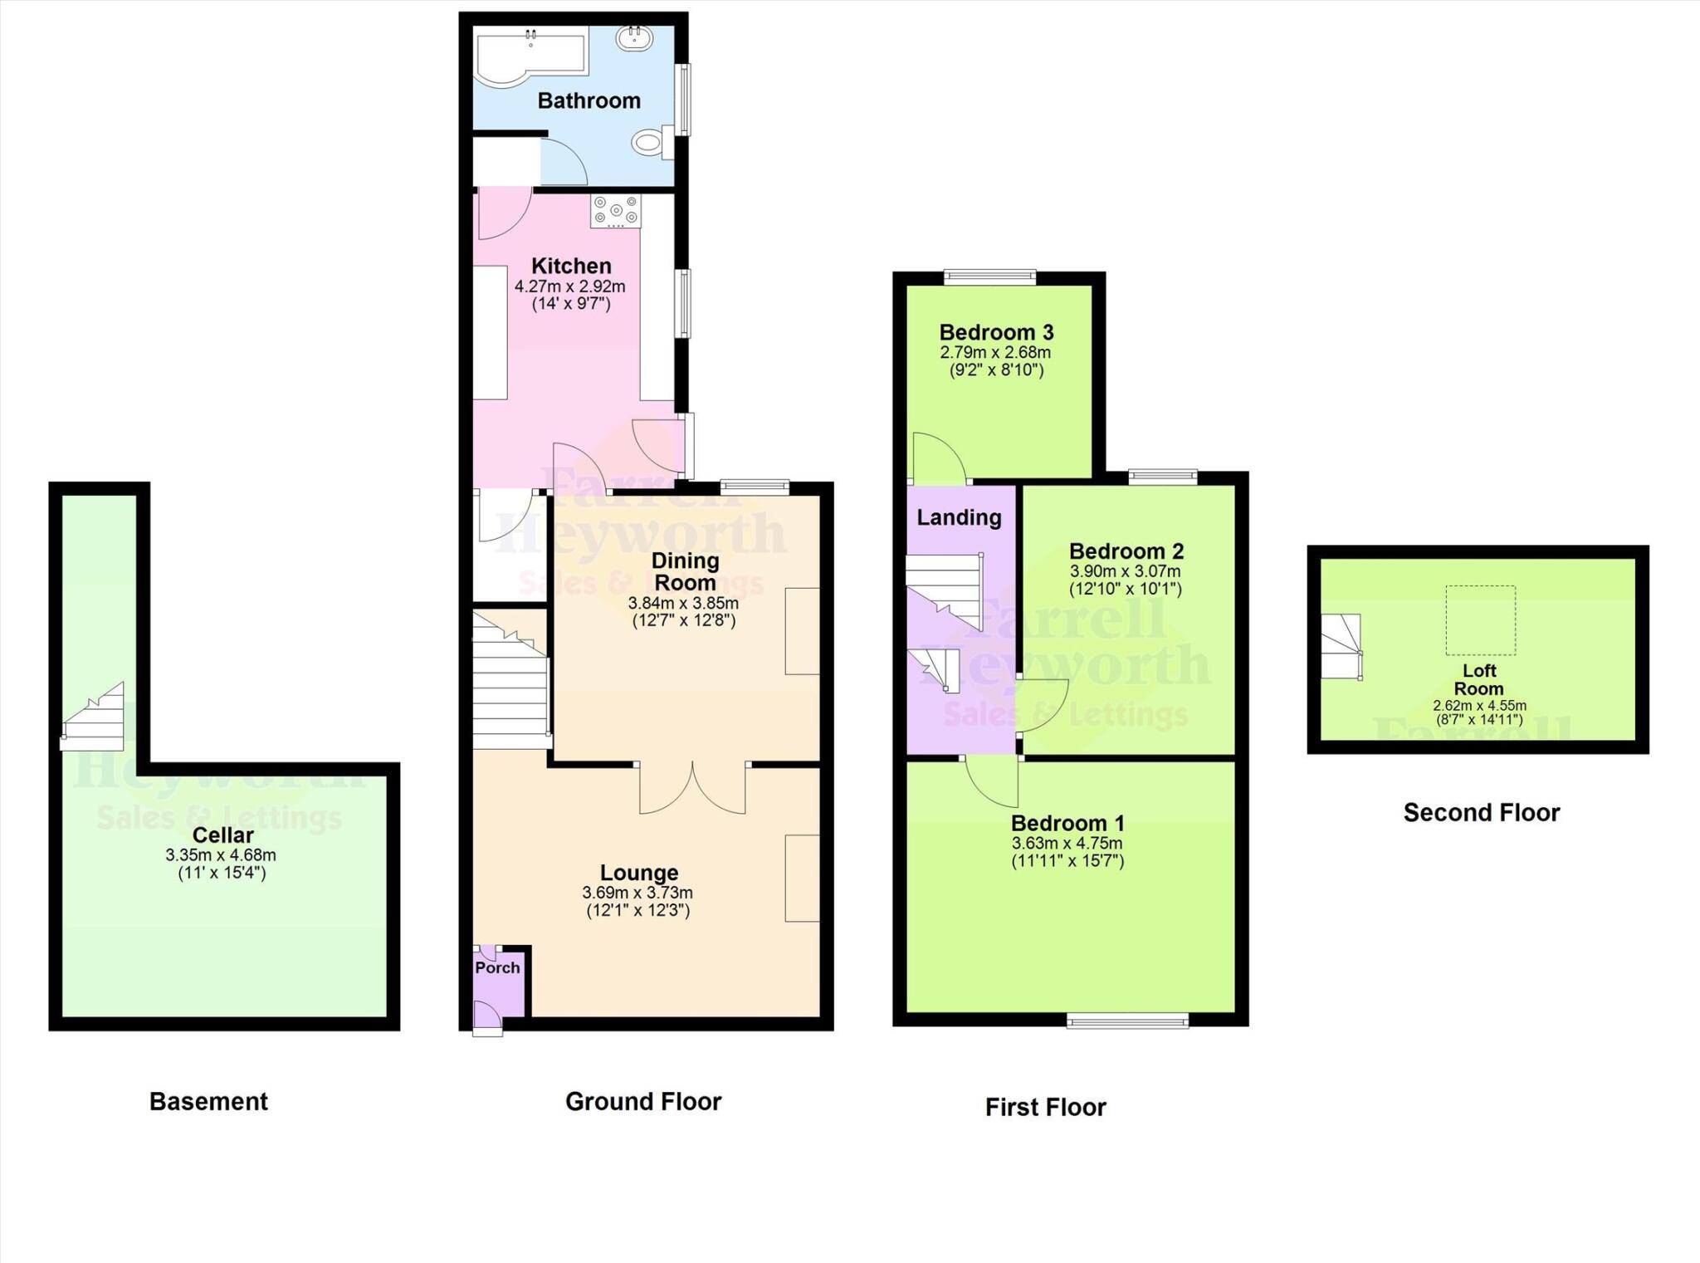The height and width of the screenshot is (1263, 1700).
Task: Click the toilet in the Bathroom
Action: click(x=650, y=142)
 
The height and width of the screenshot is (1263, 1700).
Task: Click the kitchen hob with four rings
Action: click(x=615, y=211)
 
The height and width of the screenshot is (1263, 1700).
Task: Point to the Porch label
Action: click(x=497, y=967)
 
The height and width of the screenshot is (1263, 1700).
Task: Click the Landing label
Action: click(x=959, y=518)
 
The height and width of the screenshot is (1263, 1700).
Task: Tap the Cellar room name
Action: click(x=222, y=835)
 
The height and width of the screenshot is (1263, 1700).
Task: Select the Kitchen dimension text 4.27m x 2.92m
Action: click(x=569, y=286)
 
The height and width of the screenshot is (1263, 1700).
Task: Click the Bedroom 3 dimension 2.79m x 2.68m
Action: click(x=995, y=352)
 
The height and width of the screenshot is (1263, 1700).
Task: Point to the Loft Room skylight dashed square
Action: click(x=1480, y=620)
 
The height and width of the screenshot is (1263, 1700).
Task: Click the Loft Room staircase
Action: click(x=1341, y=647)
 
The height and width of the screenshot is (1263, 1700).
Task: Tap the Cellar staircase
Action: click(x=94, y=717)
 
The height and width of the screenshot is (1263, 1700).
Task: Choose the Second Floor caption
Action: click(x=1481, y=812)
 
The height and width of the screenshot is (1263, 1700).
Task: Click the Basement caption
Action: click(x=208, y=1101)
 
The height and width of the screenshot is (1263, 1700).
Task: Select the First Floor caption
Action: click(x=1045, y=1107)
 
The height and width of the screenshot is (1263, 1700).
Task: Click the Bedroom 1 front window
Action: click(x=1127, y=1021)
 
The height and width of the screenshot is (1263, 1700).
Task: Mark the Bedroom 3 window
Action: click(x=990, y=277)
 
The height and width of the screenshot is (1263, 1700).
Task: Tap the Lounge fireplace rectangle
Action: click(x=802, y=878)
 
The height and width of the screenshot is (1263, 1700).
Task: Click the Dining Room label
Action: click(x=685, y=571)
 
